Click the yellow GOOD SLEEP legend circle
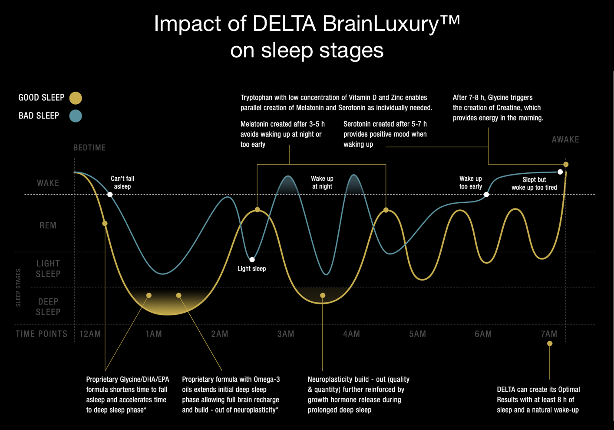(76, 98)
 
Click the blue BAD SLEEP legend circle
(76, 116)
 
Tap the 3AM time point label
(286, 334)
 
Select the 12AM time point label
(90, 334)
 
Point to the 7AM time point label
(549, 334)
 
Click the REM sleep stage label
(48, 225)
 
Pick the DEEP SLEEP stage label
(48, 307)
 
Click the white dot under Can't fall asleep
(110, 195)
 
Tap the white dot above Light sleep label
(252, 260)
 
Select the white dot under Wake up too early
(486, 195)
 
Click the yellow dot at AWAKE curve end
(566, 165)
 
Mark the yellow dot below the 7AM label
(550, 344)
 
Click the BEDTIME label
(89, 148)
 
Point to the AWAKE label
(565, 139)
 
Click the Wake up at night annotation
(322, 182)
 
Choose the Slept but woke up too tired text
(534, 183)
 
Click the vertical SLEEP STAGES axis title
(18, 288)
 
